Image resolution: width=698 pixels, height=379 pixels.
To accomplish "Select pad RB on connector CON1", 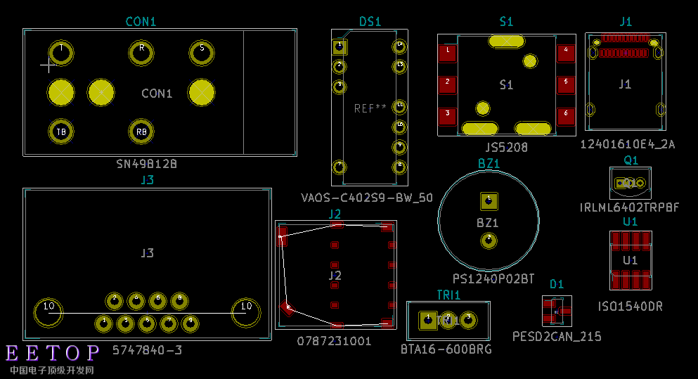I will tap(141, 131).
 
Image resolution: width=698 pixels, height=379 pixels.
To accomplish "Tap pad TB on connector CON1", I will tap(61, 131).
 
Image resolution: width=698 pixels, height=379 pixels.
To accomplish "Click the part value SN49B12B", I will tap(146, 163).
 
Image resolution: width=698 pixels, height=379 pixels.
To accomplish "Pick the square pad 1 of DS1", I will tap(340, 46).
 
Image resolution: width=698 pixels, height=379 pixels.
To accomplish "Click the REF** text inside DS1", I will tap(370, 108).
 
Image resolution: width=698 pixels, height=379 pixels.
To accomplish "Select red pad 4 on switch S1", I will tap(565, 53).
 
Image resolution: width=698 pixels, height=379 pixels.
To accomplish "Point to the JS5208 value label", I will tap(506, 148).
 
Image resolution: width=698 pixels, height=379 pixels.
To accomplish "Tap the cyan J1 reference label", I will tap(625, 22).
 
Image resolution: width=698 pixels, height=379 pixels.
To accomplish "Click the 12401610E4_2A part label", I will tap(627, 144).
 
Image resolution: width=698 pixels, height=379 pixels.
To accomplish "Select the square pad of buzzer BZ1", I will tap(488, 201).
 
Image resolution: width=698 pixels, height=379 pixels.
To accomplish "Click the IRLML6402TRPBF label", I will tap(629, 207).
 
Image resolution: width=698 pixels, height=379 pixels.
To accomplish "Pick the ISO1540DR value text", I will tap(630, 307).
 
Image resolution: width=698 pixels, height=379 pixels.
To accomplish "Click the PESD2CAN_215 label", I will tap(557, 337).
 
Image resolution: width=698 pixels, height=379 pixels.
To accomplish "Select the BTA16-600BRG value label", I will tap(446, 349).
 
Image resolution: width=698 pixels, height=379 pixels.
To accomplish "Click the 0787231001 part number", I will tap(334, 341).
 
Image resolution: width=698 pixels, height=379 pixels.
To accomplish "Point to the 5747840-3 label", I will tap(147, 349).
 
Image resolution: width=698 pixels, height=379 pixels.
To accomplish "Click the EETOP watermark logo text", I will tap(53, 353).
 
